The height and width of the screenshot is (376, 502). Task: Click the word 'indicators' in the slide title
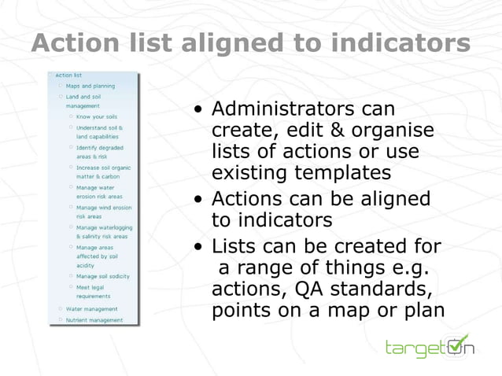click(398, 43)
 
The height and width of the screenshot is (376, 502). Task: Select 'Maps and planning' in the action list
click(90, 86)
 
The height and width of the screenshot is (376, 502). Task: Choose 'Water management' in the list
click(91, 309)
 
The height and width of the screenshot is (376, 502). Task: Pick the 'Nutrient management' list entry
click(94, 320)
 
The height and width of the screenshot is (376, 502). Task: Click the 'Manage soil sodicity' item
click(102, 276)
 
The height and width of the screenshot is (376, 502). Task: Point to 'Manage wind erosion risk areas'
click(103, 212)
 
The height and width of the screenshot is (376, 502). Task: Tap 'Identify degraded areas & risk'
click(99, 151)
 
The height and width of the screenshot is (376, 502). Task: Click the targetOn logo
click(429, 346)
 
